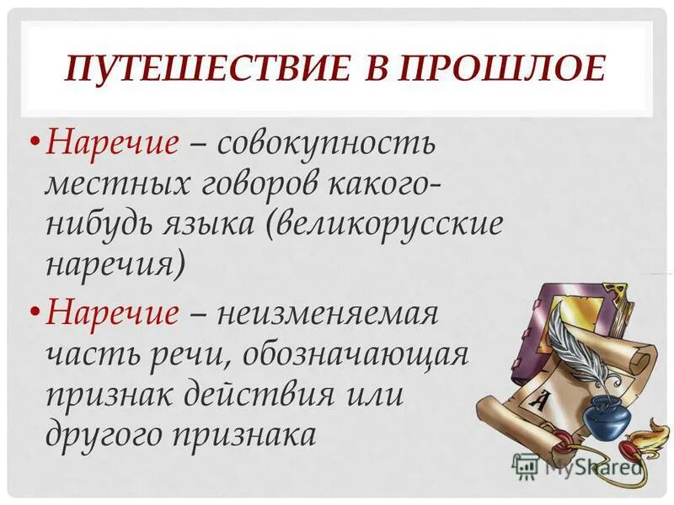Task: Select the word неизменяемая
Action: [x=329, y=314]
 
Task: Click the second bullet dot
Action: [x=35, y=313]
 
